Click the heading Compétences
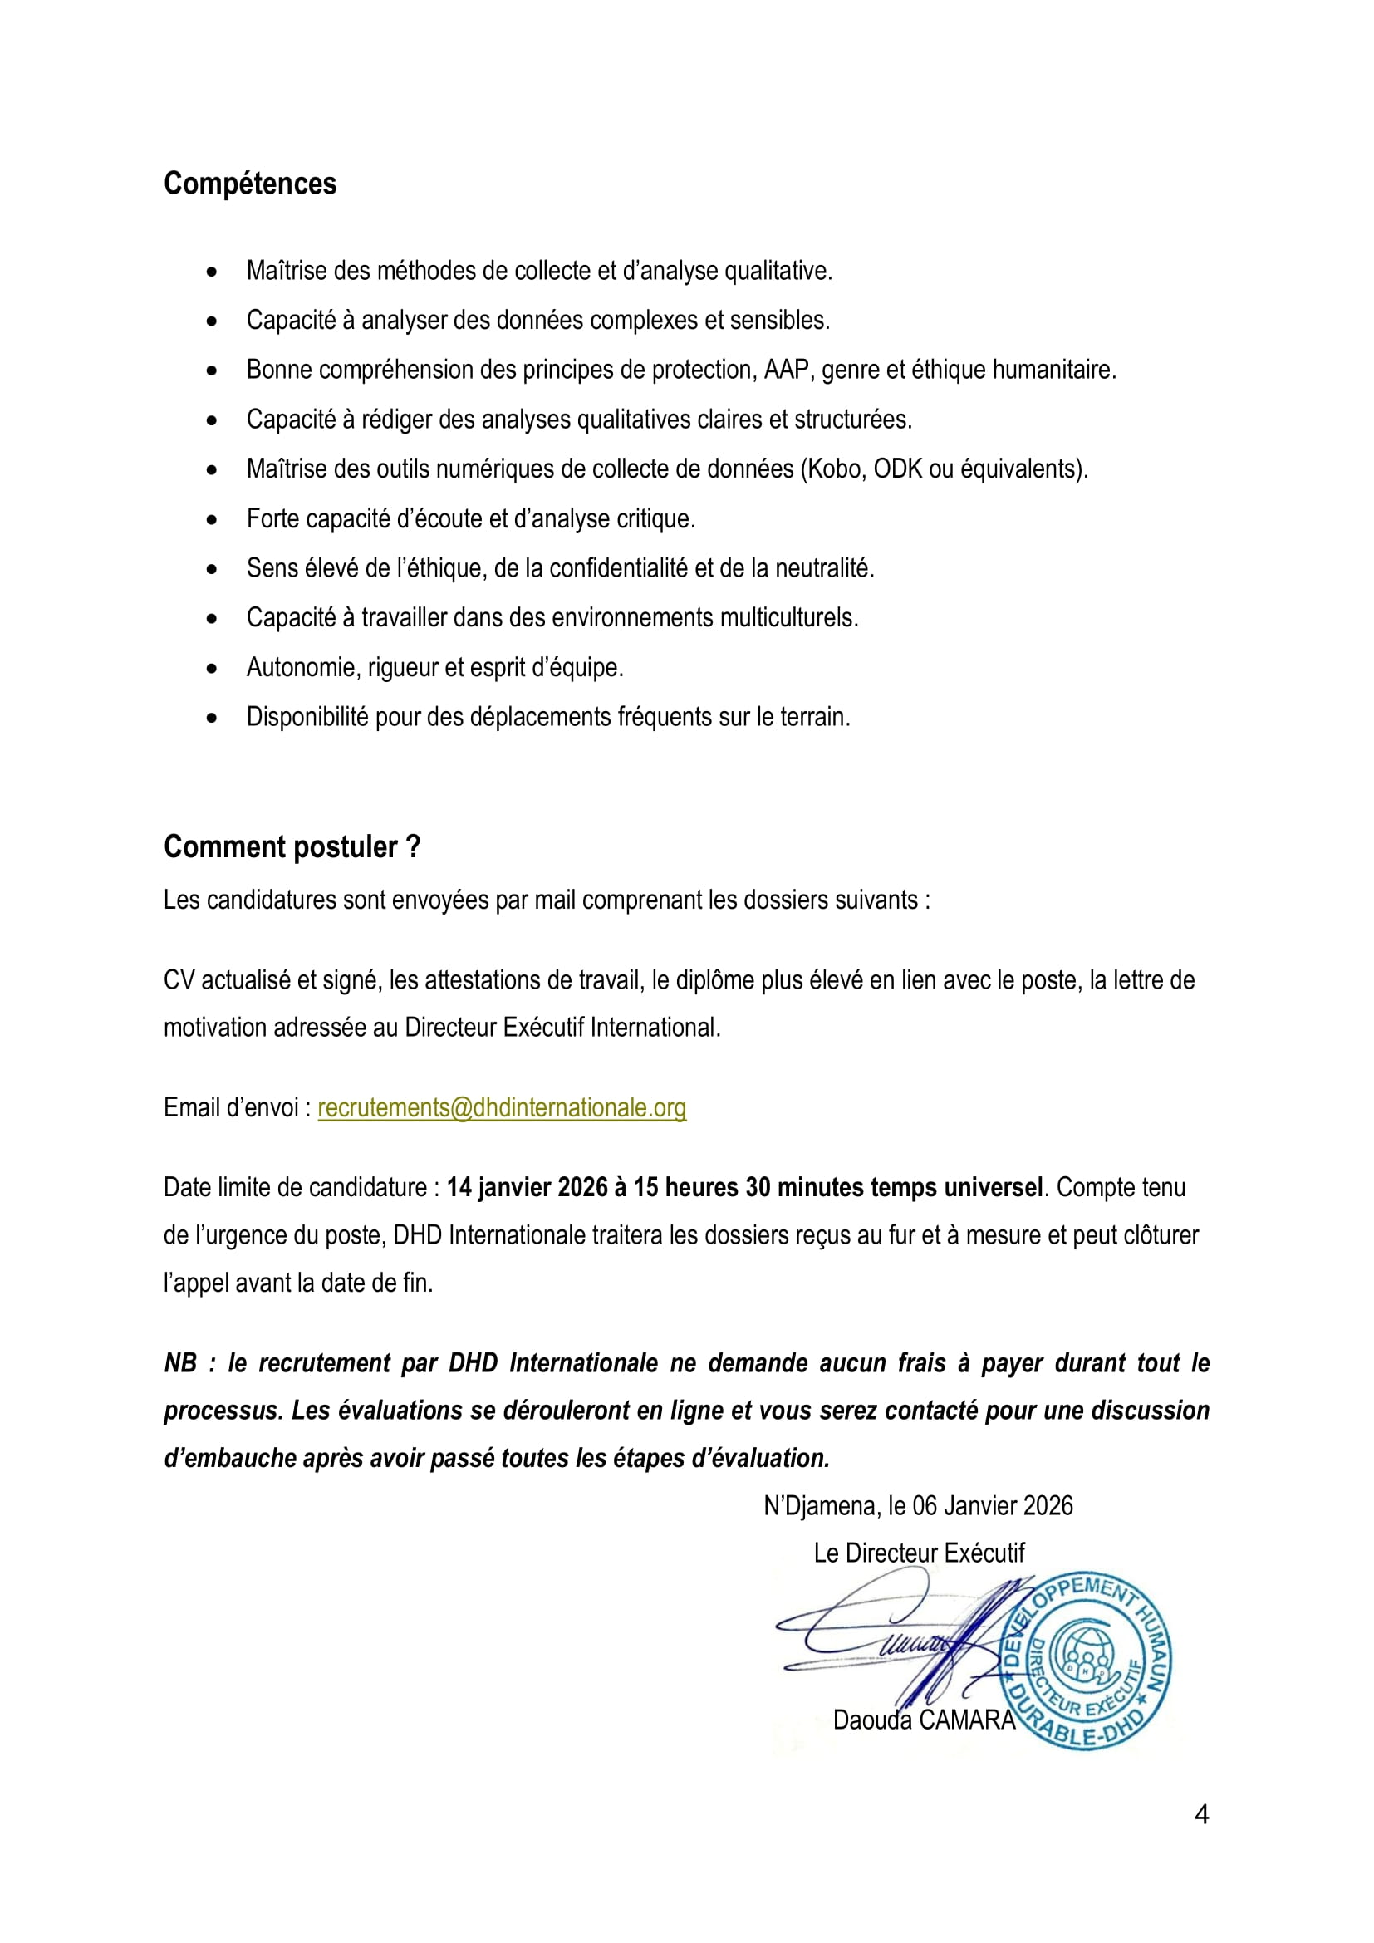(249, 184)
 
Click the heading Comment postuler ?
(291, 847)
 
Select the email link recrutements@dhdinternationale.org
(502, 1108)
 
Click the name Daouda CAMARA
(923, 1720)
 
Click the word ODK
(898, 469)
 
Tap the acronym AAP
(787, 370)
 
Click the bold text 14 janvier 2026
(528, 1187)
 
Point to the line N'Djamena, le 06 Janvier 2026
(918, 1505)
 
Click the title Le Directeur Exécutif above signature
(919, 1553)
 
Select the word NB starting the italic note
(180, 1363)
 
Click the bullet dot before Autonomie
(212, 669)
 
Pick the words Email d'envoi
(231, 1108)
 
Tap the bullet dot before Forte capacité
(212, 519)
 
